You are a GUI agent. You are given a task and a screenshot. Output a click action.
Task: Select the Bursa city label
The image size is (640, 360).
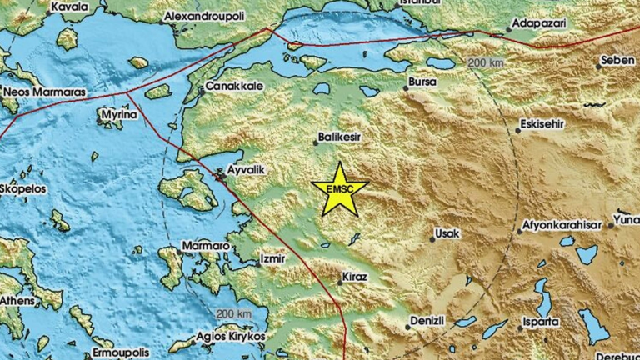coord(421,83)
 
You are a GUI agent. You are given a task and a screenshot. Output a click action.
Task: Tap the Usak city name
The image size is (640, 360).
coord(447,234)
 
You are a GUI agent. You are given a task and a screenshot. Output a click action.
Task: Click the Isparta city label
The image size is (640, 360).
coord(542,321)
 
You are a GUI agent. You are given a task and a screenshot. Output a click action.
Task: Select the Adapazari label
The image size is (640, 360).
coord(540,23)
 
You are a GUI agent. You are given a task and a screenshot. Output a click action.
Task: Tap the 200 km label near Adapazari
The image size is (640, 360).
coord(487,64)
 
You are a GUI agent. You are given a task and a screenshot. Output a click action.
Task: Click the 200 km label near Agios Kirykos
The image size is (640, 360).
coord(232,313)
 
